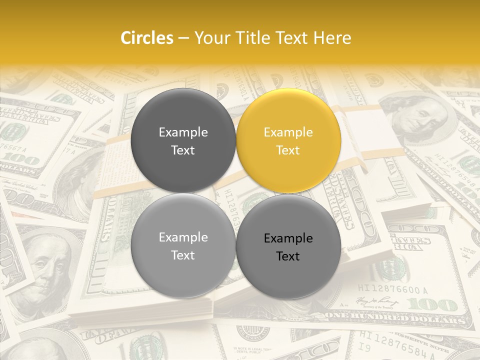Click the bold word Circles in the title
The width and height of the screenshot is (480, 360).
pyautogui.click(x=147, y=38)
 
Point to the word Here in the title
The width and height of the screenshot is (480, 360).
pyautogui.click(x=332, y=38)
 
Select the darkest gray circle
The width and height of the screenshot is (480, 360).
pyautogui.click(x=183, y=141)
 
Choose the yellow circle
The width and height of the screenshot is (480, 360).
pyautogui.click(x=288, y=141)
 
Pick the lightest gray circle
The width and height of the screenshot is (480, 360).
pyautogui.click(x=183, y=246)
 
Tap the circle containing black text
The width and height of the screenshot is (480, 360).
pyautogui.click(x=288, y=247)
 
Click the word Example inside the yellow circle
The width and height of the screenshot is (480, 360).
pyautogui.click(x=288, y=132)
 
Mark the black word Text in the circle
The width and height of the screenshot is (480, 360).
pyautogui.click(x=288, y=256)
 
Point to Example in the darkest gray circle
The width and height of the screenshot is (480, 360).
pyautogui.click(x=183, y=132)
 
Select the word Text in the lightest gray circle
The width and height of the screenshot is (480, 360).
pyautogui.click(x=183, y=255)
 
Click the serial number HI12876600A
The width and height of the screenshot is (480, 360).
pyautogui.click(x=393, y=289)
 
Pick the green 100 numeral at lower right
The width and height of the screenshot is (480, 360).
pyautogui.click(x=430, y=304)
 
